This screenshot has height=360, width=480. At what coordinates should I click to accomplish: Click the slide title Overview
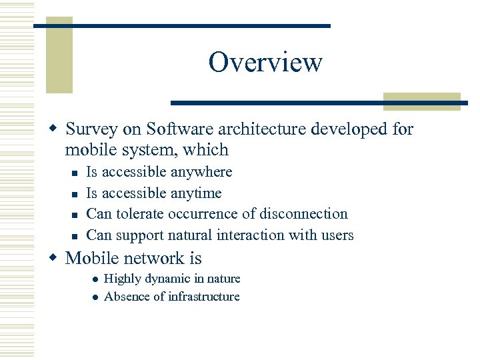tap(265, 63)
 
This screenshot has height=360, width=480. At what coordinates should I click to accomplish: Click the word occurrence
tap(201, 214)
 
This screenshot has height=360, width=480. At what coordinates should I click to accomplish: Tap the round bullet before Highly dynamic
tap(96, 279)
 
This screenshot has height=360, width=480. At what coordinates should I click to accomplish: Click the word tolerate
tap(140, 214)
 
